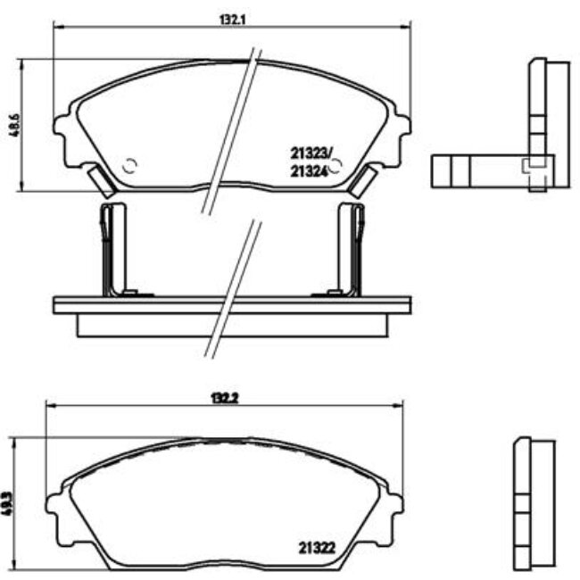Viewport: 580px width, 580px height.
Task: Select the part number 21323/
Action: tap(310, 153)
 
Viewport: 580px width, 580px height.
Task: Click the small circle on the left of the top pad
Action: tap(129, 165)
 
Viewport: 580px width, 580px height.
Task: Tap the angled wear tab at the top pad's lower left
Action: tap(104, 183)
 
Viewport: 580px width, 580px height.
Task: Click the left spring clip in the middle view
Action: tap(111, 248)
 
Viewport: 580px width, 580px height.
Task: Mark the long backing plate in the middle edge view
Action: tap(232, 305)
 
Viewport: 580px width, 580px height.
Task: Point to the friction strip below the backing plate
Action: tap(232, 326)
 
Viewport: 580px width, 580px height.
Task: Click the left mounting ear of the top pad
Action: tap(63, 134)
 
